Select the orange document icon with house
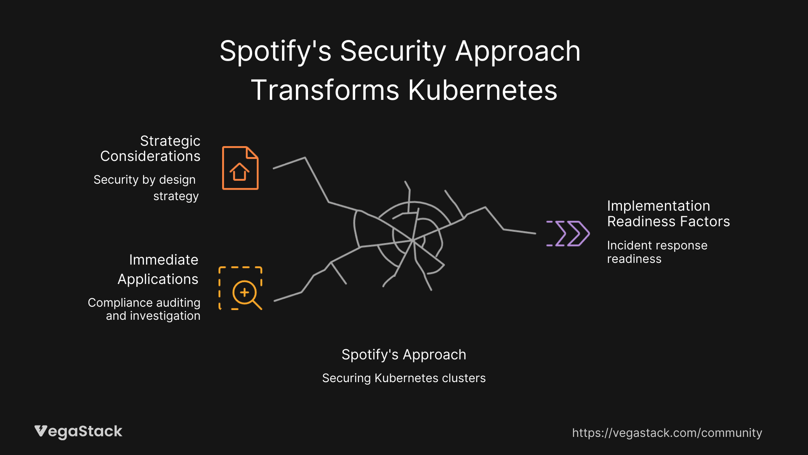[x=240, y=168]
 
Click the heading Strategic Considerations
[x=150, y=148]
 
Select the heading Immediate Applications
[x=158, y=269]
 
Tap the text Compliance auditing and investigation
[x=144, y=309]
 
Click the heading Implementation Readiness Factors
[x=668, y=214]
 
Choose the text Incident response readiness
[x=657, y=252]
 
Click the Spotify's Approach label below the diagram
[x=404, y=355]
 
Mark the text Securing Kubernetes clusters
[x=404, y=378]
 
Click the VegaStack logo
[x=78, y=431]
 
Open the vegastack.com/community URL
[x=667, y=433]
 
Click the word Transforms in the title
[x=325, y=90]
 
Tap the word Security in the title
[x=393, y=51]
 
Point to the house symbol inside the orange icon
[x=239, y=172]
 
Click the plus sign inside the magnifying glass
[x=244, y=292]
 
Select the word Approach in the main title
[x=518, y=51]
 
